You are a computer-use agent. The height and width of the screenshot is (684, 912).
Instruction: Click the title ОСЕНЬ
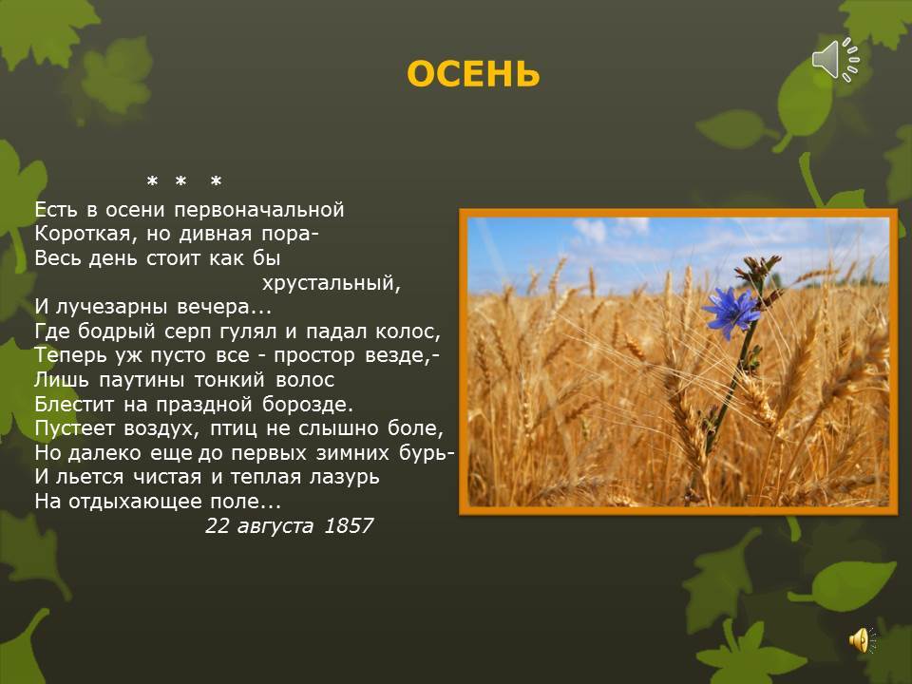(473, 74)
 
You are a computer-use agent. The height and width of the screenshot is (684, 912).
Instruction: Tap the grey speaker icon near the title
(834, 59)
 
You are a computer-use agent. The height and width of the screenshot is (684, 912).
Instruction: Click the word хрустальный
(326, 283)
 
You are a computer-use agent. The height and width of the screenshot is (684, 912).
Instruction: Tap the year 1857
(349, 525)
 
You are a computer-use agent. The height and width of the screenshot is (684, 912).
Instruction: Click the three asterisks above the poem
(184, 181)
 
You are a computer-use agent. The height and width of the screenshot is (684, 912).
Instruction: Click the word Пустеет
(74, 429)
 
